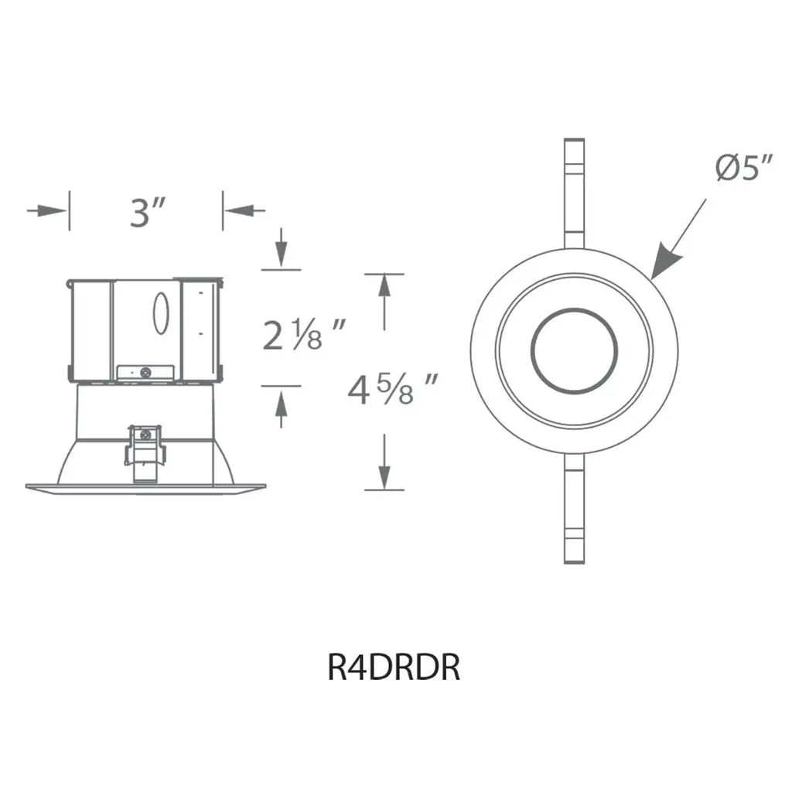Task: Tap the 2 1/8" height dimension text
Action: [x=304, y=334]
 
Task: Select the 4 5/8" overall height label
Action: [x=392, y=389]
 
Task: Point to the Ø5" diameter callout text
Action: [x=744, y=167]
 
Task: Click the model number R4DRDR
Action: [x=394, y=667]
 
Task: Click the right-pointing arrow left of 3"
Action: [x=47, y=210]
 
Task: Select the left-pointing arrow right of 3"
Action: [x=244, y=210]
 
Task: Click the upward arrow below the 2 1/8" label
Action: [x=282, y=409]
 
